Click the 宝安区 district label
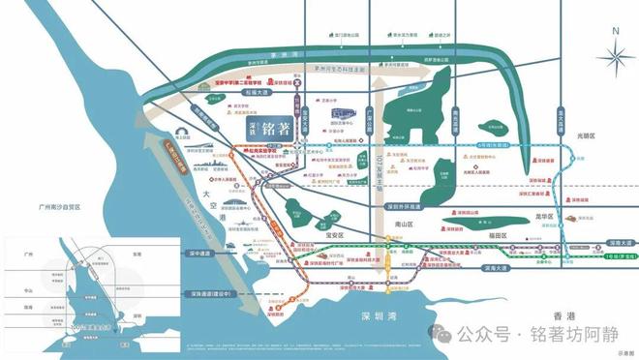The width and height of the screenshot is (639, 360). click(x=334, y=233)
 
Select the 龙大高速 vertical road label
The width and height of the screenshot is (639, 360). click(x=561, y=125)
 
